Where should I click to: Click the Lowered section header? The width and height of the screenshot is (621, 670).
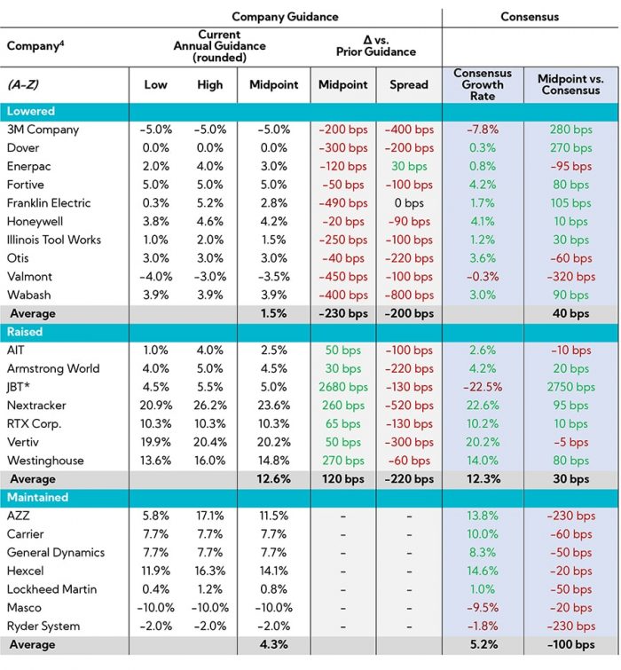tap(31, 112)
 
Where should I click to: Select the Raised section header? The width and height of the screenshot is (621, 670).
tap(26, 332)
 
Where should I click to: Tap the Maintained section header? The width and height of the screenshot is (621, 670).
tap(37, 498)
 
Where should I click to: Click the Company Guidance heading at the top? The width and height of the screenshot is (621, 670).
tap(284, 16)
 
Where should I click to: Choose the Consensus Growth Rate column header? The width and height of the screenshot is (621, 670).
tap(483, 84)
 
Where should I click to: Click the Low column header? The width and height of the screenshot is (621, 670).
tap(156, 84)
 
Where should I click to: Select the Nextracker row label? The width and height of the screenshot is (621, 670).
tap(38, 406)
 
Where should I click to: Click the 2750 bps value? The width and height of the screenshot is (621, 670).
tap(570, 387)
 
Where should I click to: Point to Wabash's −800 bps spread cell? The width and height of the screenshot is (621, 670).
tap(408, 295)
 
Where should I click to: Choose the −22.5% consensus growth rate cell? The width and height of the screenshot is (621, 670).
tap(483, 387)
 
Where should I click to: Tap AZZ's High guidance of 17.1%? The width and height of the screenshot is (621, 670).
tap(210, 516)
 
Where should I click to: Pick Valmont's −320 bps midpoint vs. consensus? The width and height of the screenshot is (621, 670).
tap(570, 276)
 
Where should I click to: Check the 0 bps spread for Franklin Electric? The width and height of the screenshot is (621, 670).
tap(408, 203)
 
